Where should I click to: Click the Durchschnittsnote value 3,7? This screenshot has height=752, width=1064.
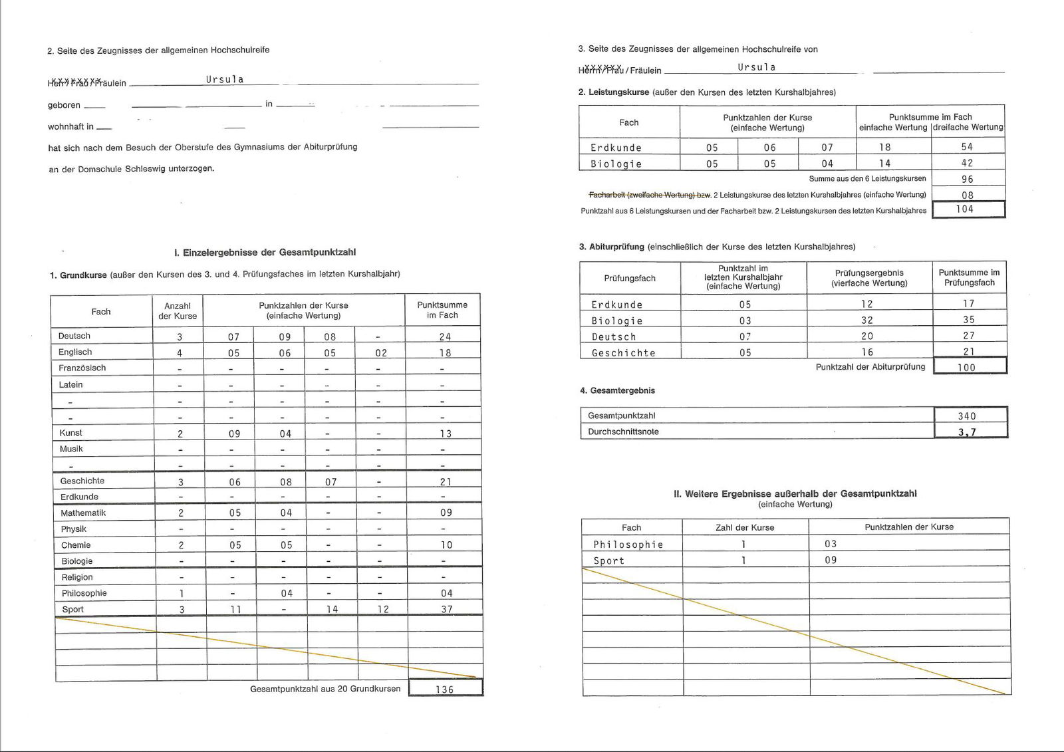click(x=967, y=432)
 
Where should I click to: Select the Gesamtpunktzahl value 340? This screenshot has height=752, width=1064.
click(x=967, y=416)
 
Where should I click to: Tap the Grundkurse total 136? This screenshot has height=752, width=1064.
click(x=445, y=689)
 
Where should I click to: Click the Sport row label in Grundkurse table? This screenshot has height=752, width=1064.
click(x=73, y=609)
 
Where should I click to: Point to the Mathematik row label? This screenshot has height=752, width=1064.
click(x=83, y=513)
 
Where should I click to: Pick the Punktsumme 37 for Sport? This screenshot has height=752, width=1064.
click(x=447, y=609)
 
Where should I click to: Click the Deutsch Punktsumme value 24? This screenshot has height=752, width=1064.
click(x=445, y=336)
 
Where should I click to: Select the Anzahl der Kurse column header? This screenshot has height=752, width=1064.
click(x=178, y=311)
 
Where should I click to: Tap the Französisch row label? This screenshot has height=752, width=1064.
click(x=82, y=368)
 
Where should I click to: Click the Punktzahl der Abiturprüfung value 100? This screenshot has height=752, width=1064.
click(x=966, y=367)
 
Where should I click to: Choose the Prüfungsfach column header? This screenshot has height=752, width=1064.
click(x=630, y=278)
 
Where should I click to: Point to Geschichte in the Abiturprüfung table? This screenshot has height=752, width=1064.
click(x=623, y=353)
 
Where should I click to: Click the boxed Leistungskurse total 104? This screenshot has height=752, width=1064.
click(x=965, y=209)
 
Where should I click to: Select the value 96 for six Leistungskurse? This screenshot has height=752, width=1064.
click(x=968, y=179)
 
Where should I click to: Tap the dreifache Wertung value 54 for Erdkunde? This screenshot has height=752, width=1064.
click(x=967, y=147)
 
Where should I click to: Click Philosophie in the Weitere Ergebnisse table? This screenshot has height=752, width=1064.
click(x=628, y=545)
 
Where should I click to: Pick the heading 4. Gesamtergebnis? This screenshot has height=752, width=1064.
click(x=617, y=390)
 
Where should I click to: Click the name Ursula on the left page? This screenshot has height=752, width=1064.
click(x=225, y=79)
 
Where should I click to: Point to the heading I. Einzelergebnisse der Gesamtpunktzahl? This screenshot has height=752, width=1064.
click(x=265, y=253)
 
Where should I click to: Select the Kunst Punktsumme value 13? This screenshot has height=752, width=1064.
click(x=446, y=434)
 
